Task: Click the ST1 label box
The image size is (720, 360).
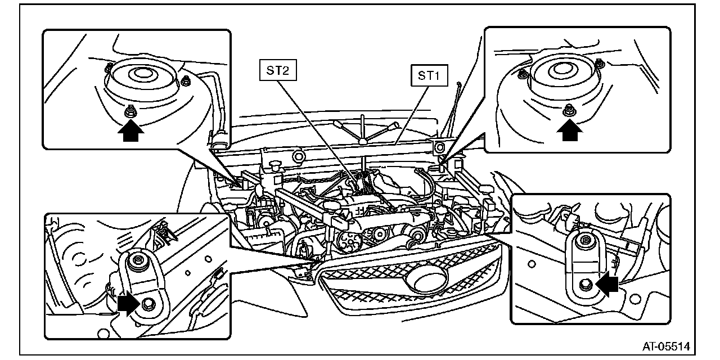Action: tap(429, 76)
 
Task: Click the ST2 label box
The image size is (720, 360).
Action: tap(278, 71)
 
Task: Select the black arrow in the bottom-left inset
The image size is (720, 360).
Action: tap(129, 304)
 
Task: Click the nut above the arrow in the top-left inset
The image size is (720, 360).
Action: tap(129, 112)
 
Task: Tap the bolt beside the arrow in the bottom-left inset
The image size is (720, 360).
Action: tap(148, 304)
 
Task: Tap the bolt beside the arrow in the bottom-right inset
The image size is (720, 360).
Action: tap(585, 285)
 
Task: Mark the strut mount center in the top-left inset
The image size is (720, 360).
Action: tap(138, 73)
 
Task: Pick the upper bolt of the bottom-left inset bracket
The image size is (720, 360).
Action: tap(138, 262)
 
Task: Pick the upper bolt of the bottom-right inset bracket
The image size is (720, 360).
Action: tap(585, 241)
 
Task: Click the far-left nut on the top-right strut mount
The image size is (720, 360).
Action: tap(522, 73)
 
